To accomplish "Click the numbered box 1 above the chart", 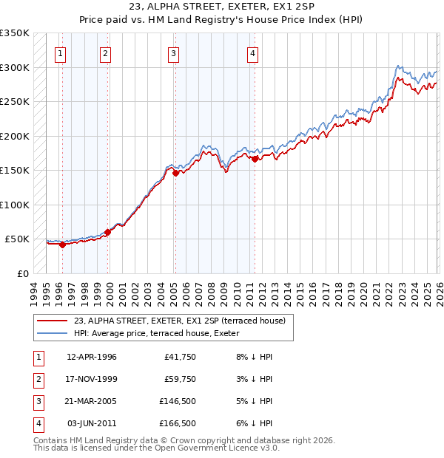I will (59, 53).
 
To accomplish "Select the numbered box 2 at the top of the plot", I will (106, 53).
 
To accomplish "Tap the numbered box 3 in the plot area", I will (173, 53).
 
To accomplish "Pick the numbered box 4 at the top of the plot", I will (252, 53).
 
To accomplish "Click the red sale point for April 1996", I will (62, 245).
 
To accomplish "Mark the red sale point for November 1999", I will (108, 232).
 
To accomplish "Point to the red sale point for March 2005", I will (175, 173).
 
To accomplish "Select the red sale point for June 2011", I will (255, 159).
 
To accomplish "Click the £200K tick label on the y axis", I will (15, 136).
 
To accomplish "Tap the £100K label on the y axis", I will (15, 205).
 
